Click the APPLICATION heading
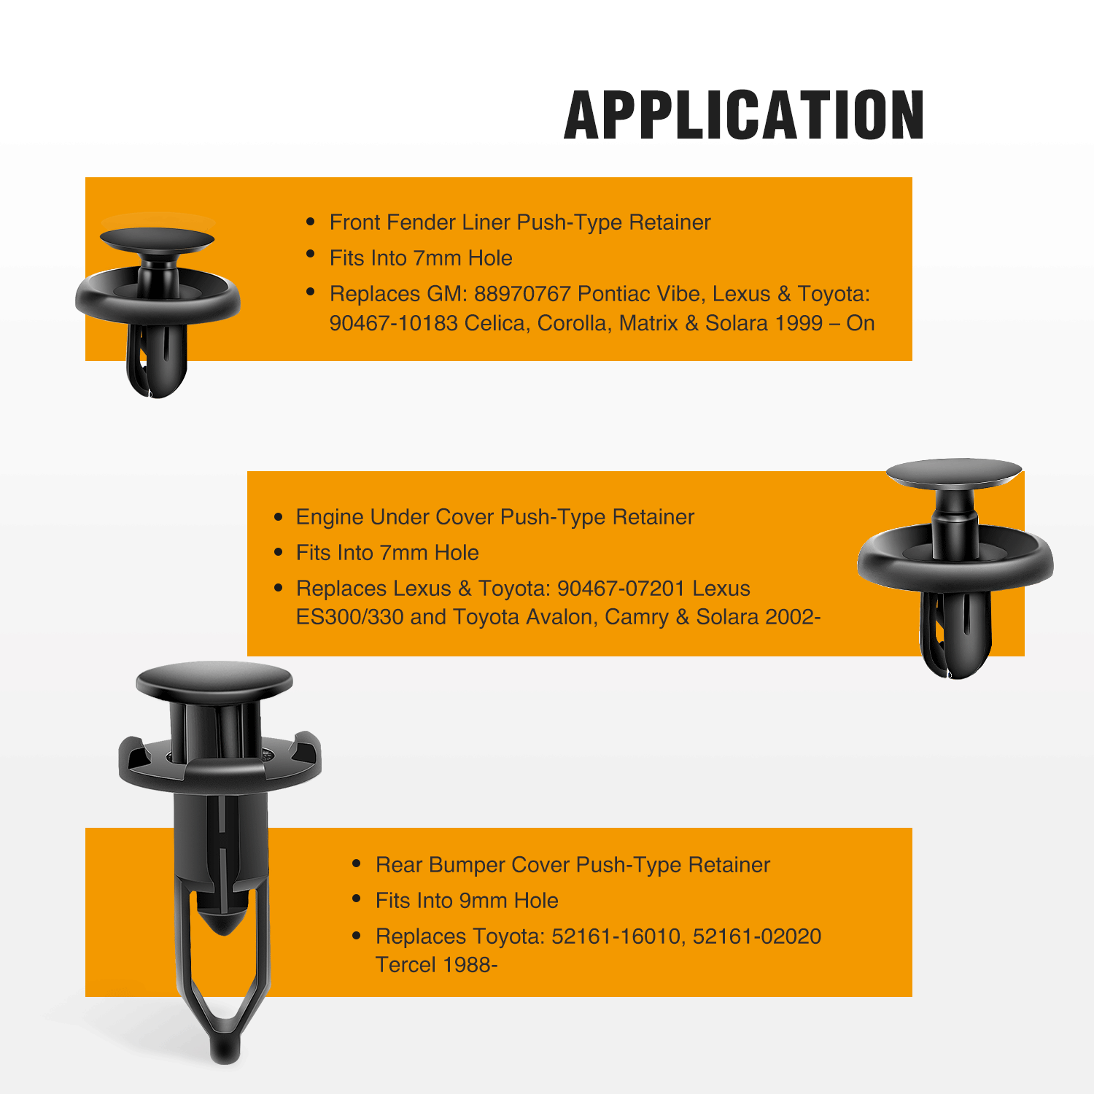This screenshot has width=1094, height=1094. coord(744,115)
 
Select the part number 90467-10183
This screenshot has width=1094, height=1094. coord(394,323)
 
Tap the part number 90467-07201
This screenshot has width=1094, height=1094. coord(621,589)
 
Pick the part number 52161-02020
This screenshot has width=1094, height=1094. coord(757,936)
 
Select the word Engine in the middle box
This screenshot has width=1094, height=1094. coord(330,518)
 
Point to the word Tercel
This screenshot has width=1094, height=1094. coord(406,965)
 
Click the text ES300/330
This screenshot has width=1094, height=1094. coord(350,618)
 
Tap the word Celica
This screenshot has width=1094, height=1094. coord(497,323)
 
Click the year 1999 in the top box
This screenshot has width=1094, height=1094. coord(800,323)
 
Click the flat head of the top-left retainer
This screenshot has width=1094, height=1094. coord(157,240)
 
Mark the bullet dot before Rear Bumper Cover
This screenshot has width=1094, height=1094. coord(357,864)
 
